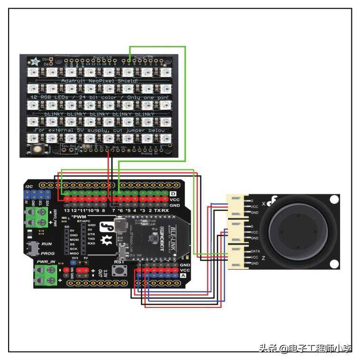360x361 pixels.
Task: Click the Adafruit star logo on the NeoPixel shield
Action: tap(35, 62)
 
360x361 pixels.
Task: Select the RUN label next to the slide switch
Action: tap(46, 244)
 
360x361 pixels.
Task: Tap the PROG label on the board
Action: tap(47, 253)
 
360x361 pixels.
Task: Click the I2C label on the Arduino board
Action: tap(29, 187)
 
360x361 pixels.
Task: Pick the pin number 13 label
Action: tap(67, 210)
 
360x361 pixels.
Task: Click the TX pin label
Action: tap(157, 210)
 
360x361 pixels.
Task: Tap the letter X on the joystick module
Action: tap(263, 203)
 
